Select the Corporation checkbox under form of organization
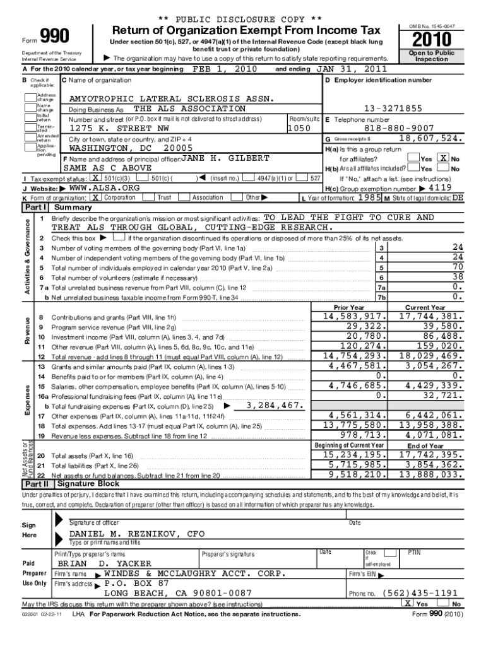pyautogui.click(x=96, y=197)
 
